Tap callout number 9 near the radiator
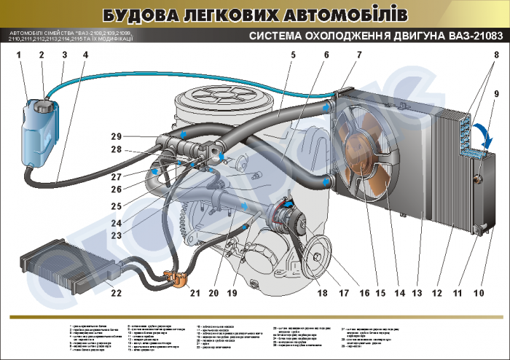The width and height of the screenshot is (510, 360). pyautogui.click(x=495, y=94)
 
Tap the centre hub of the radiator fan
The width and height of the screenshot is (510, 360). pyautogui.click(x=362, y=146)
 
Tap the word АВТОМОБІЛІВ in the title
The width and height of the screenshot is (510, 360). pyautogui.click(x=342, y=15)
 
